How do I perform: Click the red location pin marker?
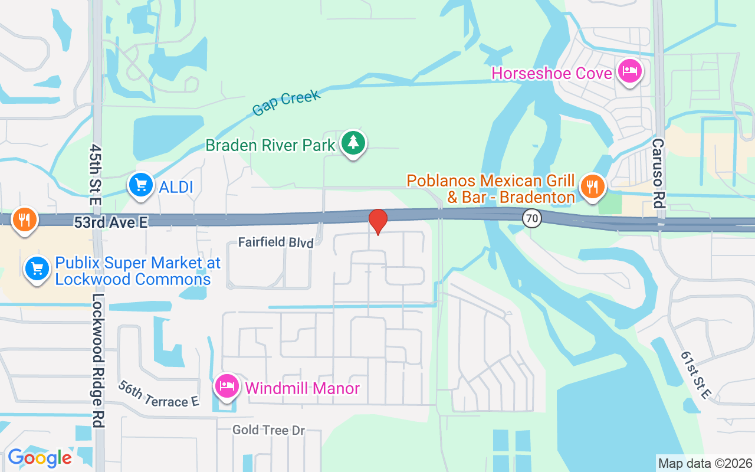[x=377, y=221]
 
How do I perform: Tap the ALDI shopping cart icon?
[x=141, y=186]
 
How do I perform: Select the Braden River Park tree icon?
[x=353, y=143]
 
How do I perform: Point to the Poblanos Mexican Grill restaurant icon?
[x=593, y=186]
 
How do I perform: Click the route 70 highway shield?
[x=532, y=218]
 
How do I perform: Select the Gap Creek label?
[x=285, y=103]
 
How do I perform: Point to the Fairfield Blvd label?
[x=275, y=242]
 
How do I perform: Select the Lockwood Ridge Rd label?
[x=98, y=360]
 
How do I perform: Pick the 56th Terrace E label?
[x=158, y=394]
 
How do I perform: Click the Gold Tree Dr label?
[x=268, y=430]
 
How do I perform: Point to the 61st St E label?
[x=696, y=375]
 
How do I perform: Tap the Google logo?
[x=40, y=458]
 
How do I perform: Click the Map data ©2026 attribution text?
[x=705, y=463]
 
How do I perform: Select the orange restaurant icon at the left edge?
[x=24, y=219]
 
